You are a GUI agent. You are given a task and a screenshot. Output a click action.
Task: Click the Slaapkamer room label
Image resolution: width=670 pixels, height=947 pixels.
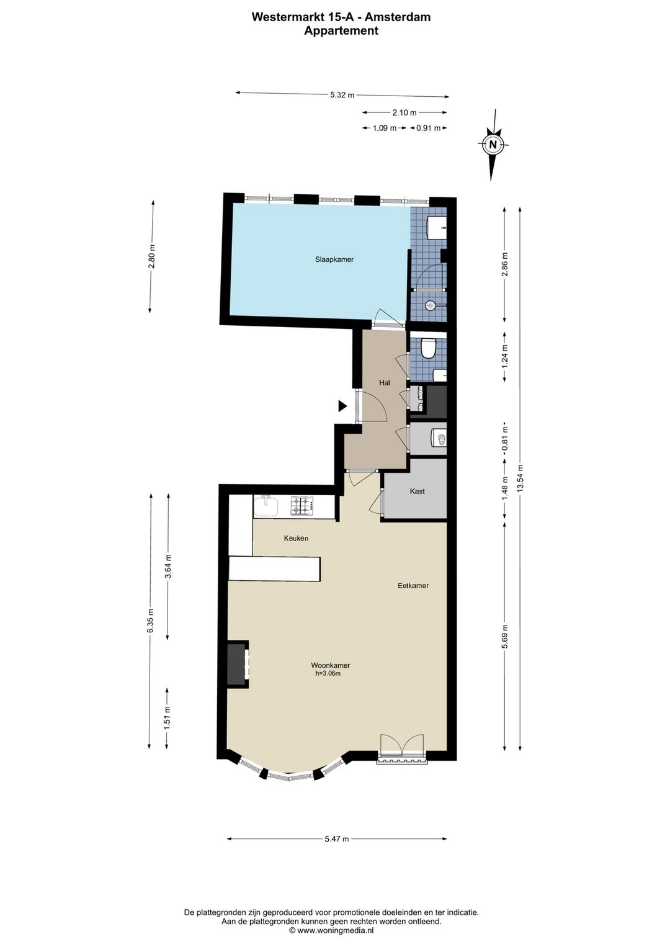coord(334,259)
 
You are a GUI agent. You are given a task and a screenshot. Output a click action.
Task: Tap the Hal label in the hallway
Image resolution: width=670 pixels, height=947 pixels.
coord(384,383)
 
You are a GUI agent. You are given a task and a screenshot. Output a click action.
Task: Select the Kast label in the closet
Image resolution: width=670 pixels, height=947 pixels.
coord(418,491)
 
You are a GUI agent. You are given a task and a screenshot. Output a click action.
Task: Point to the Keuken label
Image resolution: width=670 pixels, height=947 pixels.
coord(296,539)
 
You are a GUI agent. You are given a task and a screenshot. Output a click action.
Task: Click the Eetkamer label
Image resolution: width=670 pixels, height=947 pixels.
coord(413,586)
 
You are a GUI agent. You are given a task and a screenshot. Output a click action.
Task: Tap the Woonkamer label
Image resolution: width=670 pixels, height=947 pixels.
coord(331,665)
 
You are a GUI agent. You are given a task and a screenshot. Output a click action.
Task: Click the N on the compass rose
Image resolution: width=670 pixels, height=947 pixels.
coord(493,144)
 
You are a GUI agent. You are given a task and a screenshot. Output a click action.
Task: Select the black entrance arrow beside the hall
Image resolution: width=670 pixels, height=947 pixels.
coord(342,406)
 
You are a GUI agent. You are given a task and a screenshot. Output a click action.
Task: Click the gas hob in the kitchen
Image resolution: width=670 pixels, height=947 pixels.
coord(302,506)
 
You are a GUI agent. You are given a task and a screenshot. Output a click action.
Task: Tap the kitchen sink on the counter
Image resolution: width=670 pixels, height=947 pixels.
coord(266,506)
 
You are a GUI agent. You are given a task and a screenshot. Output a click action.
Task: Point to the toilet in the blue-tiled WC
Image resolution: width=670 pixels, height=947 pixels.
coord(429,349)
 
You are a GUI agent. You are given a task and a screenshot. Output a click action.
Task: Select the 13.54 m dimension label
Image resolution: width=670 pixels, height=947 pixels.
coord(520,477)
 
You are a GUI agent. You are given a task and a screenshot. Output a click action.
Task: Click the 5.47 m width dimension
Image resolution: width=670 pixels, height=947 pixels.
coord(336,839)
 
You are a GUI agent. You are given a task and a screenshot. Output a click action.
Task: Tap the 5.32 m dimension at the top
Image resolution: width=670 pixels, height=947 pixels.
coord(342,95)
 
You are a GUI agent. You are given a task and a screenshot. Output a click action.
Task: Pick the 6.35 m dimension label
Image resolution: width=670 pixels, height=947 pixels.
coord(150,621)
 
